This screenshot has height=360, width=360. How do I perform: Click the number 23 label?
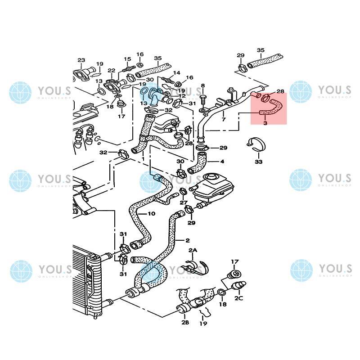81,60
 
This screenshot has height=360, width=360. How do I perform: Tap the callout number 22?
112,71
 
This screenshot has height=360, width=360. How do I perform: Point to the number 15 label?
127,59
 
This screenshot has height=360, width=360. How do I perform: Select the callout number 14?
176,73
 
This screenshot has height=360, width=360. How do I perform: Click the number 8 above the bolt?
202,85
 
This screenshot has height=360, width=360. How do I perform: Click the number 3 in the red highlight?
265,122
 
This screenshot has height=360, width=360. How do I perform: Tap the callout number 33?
258,162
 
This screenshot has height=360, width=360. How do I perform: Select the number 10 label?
151,213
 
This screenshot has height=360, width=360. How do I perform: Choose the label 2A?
193,250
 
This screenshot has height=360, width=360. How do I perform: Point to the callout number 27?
184,202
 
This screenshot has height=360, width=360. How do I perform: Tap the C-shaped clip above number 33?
257,144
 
